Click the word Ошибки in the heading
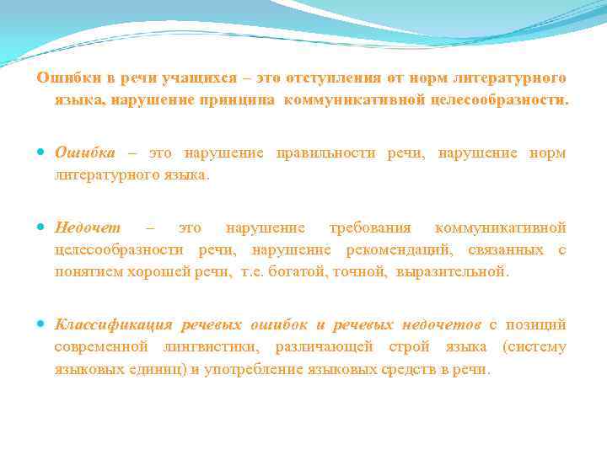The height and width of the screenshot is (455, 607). pyautogui.click(x=64, y=78)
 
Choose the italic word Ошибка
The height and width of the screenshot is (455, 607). pyautogui.click(x=85, y=153)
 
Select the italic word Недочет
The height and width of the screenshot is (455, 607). pyautogui.click(x=88, y=227)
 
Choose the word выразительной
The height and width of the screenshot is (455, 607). pyautogui.click(x=455, y=271)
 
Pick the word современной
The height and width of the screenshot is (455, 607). pyautogui.click(x=100, y=347)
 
